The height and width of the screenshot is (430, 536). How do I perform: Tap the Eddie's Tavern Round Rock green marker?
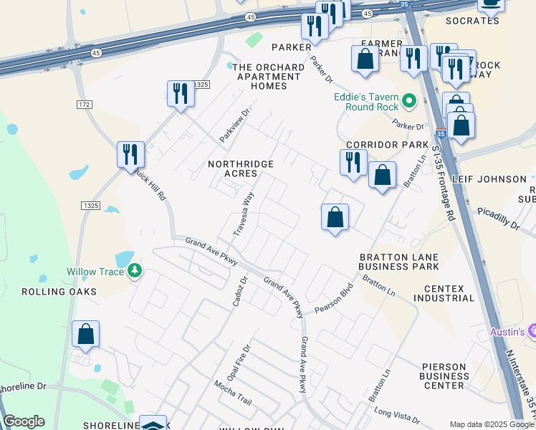tap(410, 101)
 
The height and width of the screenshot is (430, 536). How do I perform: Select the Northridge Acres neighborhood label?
tap(241, 169)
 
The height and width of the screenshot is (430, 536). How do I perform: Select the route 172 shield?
tap(84, 105)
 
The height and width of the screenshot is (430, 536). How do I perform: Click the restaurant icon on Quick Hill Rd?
tap(130, 153)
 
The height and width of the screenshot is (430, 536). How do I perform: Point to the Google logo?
tap(24, 421)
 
